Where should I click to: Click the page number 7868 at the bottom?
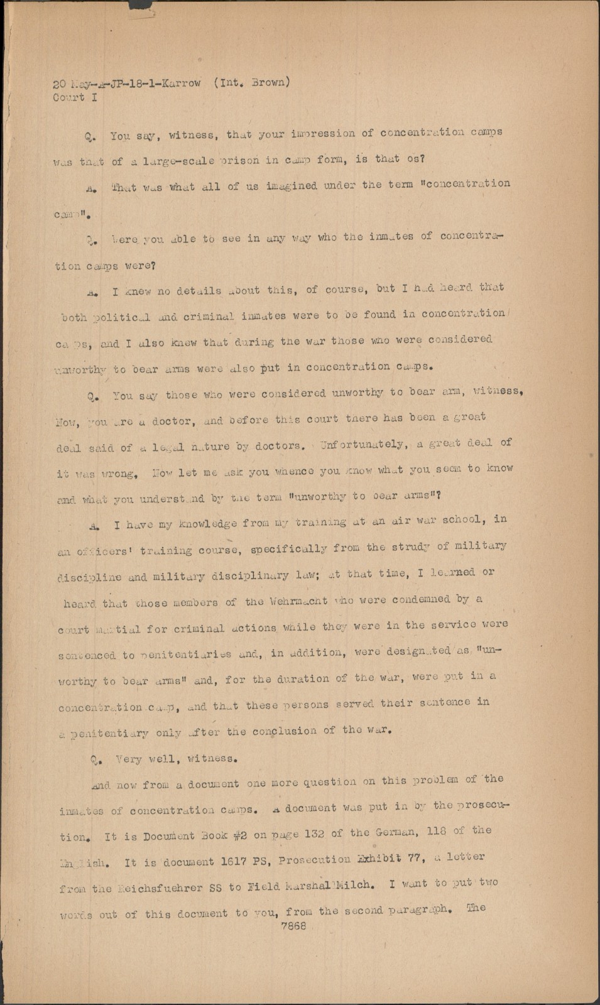[x=293, y=926]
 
